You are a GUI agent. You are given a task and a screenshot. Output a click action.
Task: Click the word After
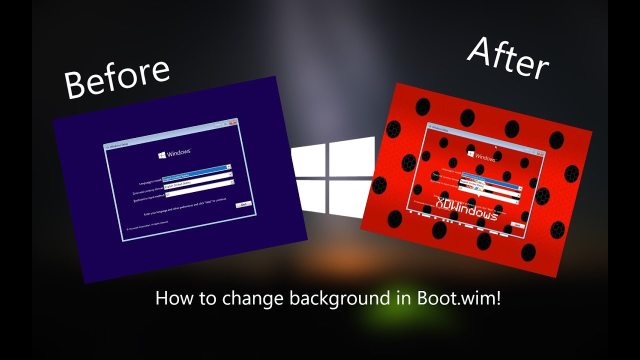coord(508,57)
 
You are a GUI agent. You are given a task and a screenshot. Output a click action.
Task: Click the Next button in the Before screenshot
coord(243,204)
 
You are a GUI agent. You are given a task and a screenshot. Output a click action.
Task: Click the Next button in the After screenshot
coord(517,225)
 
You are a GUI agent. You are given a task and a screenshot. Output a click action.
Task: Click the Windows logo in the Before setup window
coord(162,155)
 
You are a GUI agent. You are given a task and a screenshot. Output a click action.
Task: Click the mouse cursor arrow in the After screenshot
coord(496,147)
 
